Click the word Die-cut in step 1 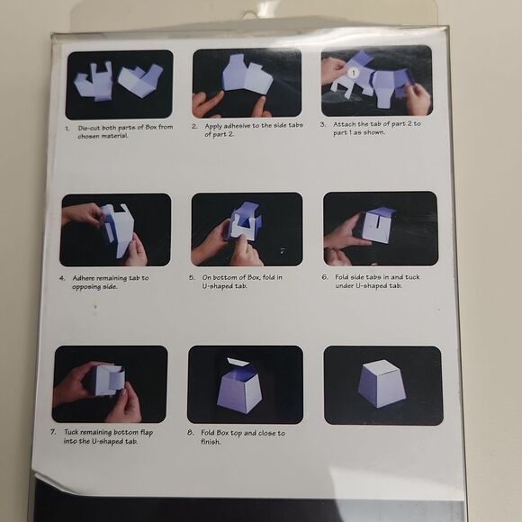pos(89,128)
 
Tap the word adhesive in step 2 pos(232,126)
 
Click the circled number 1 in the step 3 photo pos(354,72)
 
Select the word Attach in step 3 pos(344,124)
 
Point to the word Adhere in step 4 pos(83,278)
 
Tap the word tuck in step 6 pos(412,277)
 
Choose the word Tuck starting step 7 pos(71,432)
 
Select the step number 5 pos(192,277)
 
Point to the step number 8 pos(190,432)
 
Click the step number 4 pos(62,278)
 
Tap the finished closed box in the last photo pos(382,383)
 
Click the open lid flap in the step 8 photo pos(238,363)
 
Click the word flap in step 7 pos(147,432)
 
